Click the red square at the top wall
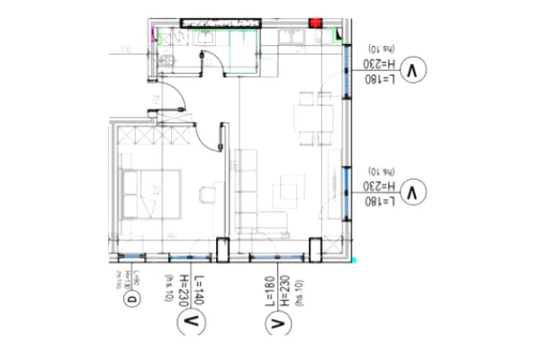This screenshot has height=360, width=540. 316,22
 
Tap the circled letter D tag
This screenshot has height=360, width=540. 132,300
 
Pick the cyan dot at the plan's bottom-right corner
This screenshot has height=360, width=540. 355,260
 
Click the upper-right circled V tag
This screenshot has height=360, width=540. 413,69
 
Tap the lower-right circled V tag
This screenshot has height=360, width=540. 413,192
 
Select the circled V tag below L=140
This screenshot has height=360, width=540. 191,321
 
